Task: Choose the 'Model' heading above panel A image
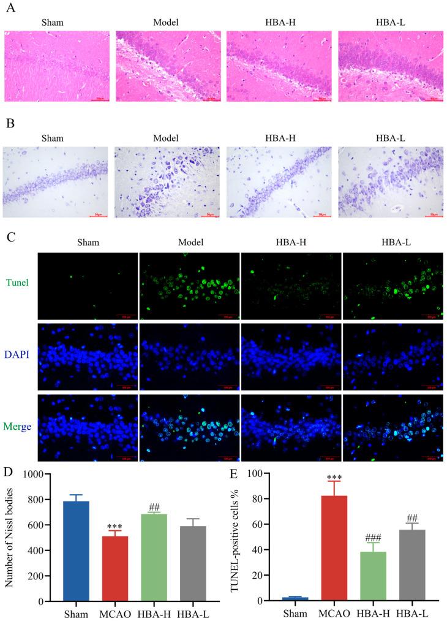click(165, 22)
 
